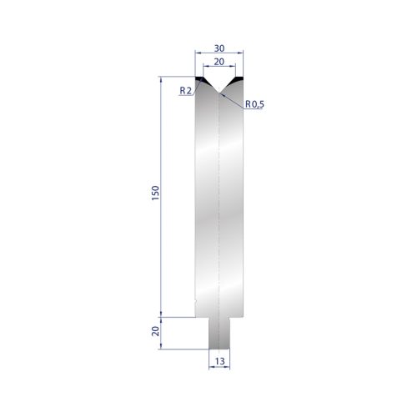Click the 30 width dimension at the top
pos(217,48)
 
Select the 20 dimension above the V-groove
pos(217,61)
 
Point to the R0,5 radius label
pos(254,104)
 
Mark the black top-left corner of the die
pos(199,80)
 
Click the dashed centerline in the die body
pos(218,208)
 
